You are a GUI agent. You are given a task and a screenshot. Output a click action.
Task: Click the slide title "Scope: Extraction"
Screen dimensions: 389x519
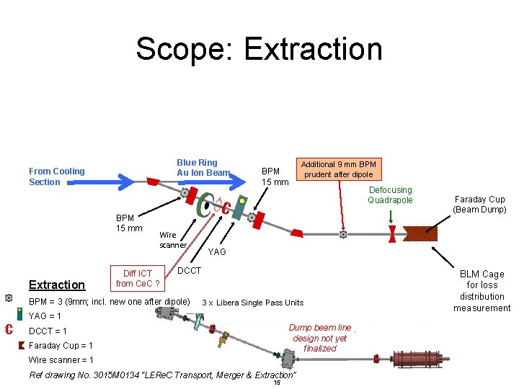(259, 49)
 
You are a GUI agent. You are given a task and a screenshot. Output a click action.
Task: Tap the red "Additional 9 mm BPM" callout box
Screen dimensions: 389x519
(338, 169)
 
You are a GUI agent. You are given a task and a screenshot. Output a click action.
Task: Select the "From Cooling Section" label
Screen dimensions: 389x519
(56, 176)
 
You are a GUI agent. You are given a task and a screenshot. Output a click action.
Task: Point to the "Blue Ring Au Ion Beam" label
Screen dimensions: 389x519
(202, 167)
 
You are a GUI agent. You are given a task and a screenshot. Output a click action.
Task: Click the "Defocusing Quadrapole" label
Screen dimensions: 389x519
(390, 195)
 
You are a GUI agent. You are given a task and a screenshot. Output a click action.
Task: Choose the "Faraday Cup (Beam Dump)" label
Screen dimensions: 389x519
(479, 205)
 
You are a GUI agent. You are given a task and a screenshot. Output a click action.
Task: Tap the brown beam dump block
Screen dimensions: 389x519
(421, 234)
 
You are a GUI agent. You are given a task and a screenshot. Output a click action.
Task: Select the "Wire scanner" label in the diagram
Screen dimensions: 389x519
(173, 240)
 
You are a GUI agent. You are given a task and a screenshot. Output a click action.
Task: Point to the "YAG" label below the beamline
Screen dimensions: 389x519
(216, 252)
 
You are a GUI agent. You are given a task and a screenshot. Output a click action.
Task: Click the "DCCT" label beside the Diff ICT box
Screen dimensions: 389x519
(189, 271)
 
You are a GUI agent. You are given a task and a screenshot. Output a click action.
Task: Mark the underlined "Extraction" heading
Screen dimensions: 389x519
(57, 285)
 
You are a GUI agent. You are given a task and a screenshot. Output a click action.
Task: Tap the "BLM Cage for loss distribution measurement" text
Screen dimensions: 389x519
(482, 291)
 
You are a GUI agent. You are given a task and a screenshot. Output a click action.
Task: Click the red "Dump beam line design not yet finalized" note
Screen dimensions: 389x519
(319, 338)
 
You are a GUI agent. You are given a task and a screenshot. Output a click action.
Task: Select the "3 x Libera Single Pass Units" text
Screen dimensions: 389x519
(253, 303)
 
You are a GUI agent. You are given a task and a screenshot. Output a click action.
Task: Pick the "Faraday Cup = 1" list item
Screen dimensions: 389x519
(61, 346)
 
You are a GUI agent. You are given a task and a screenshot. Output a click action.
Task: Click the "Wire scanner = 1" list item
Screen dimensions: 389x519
(61, 360)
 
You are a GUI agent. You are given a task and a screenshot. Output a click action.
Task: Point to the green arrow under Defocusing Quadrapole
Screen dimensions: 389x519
(391, 215)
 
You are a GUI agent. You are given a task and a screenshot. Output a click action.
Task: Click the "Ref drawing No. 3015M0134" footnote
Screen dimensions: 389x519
(162, 375)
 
